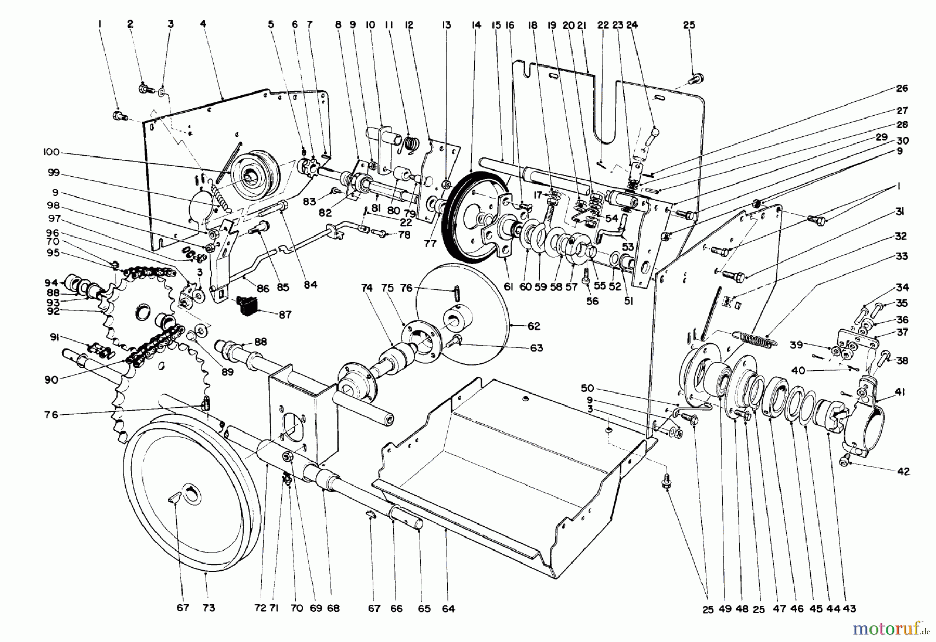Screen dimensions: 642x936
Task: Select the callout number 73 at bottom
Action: point(208,608)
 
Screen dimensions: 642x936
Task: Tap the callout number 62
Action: point(534,326)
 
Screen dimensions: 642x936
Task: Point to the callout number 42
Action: point(903,471)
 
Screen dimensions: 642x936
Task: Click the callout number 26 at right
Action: point(902,88)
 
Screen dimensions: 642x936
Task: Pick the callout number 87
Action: point(285,315)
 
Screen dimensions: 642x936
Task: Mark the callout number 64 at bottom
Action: point(448,608)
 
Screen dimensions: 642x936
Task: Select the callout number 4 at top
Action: point(202,24)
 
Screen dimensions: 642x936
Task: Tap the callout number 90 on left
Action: point(51,379)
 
